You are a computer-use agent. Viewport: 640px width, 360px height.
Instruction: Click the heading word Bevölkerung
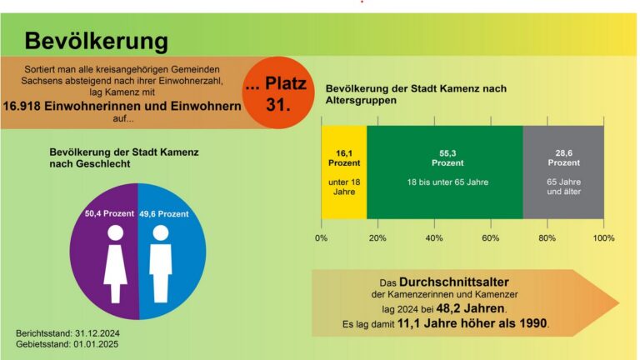[96, 41]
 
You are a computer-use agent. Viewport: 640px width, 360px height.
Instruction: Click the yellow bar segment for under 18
[343, 172]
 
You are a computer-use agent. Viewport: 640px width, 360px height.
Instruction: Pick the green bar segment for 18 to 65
[445, 172]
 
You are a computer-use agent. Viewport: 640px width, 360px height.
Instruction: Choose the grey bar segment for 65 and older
[563, 172]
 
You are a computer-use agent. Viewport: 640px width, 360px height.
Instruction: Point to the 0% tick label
[322, 237]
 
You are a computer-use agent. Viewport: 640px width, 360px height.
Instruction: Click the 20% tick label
[377, 237]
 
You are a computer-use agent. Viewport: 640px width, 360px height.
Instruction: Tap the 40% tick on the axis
[434, 237]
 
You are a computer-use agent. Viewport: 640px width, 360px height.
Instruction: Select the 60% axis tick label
[491, 237]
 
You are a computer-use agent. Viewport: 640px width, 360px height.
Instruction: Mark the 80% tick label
[547, 237]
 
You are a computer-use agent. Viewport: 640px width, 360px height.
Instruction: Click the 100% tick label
[602, 237]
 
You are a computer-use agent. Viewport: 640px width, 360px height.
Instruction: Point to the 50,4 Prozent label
[110, 214]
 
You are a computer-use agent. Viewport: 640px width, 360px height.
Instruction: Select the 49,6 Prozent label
[164, 214]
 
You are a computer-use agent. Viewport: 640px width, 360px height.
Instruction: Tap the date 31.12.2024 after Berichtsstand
[97, 333]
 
